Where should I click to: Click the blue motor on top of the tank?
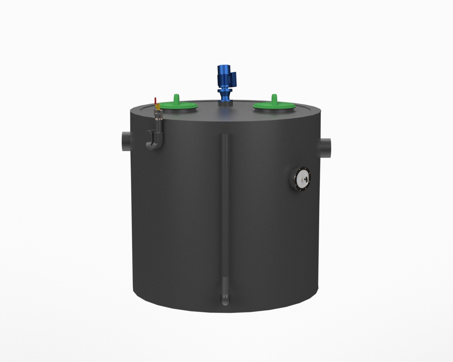pos(225,76)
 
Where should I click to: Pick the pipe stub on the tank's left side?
pos(126,141)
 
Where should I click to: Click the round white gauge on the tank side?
pos(301,178)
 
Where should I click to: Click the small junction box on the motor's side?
pos(234,79)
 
